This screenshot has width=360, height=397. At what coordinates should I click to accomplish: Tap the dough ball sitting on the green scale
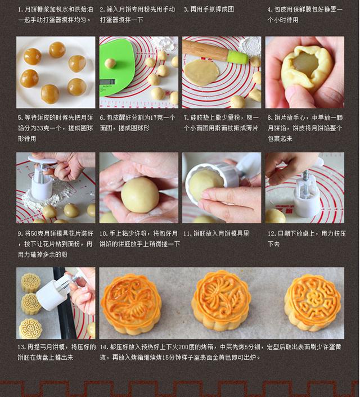[110, 64]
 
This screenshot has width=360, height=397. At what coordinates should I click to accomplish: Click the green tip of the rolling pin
[237, 57]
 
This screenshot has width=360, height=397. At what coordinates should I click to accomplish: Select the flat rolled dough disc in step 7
[201, 73]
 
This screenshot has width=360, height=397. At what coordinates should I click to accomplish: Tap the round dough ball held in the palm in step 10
[140, 195]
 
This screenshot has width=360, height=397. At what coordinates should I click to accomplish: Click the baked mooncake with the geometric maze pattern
[312, 303]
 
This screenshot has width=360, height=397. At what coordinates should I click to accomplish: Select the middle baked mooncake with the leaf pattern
[221, 300]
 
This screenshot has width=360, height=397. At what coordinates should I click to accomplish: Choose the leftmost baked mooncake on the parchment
[131, 304]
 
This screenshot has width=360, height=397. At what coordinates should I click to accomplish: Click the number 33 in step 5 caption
[40, 128]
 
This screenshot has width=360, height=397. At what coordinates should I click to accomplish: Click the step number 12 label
[271, 233]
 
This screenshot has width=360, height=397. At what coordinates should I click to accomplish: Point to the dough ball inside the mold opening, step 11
[206, 185]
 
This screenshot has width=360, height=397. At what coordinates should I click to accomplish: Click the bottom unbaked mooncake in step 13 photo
[30, 328]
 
